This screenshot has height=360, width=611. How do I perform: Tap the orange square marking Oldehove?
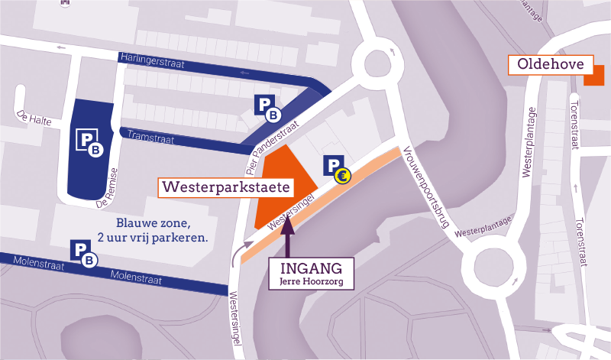[x=594, y=75]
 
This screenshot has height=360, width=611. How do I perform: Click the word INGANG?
[x=314, y=268]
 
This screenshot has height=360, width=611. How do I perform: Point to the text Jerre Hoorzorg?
[x=314, y=284]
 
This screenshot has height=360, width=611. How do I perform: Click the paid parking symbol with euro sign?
[x=337, y=170]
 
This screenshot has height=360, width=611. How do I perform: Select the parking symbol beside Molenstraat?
[x=84, y=253]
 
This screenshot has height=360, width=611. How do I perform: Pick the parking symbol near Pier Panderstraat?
[x=267, y=108]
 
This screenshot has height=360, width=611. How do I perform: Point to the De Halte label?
[x=31, y=120]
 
